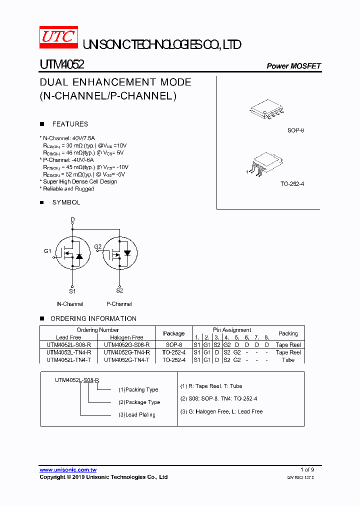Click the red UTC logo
(x=58, y=37)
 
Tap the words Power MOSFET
(x=293, y=66)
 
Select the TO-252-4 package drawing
(x=264, y=164)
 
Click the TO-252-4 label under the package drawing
(x=292, y=184)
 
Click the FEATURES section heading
(x=70, y=124)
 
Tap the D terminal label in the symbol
(x=72, y=219)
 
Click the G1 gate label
(x=47, y=251)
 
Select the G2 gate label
(x=97, y=246)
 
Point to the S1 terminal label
(x=72, y=291)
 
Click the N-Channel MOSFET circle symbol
(x=71, y=254)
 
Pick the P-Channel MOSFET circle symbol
(x=119, y=254)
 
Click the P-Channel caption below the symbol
(x=119, y=304)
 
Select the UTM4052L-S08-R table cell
(x=68, y=345)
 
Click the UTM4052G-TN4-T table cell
(x=126, y=360)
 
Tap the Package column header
(x=174, y=333)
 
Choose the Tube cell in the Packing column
(x=288, y=360)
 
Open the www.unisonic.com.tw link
(x=68, y=470)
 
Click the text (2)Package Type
(x=139, y=402)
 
